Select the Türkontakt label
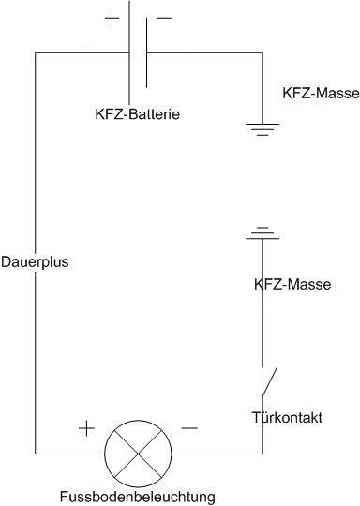[288, 417]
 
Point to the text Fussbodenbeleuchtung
[138, 495]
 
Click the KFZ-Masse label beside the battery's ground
[321, 94]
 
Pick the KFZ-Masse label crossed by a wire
[292, 283]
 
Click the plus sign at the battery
[113, 18]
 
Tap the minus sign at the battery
[164, 18]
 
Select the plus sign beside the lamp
[85, 428]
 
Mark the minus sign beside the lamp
[188, 428]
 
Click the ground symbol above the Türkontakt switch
[263, 231]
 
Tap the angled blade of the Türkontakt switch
[269, 380]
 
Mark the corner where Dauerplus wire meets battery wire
[35, 53]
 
